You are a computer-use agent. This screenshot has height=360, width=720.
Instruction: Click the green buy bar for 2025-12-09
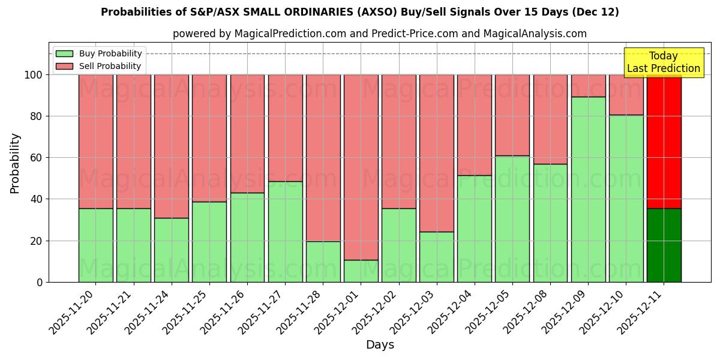tap(588, 189)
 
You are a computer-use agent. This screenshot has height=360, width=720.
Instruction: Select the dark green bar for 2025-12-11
tap(664, 245)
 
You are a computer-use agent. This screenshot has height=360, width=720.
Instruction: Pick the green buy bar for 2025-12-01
tap(361, 271)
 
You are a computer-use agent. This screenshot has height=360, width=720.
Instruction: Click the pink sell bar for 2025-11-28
tap(323, 158)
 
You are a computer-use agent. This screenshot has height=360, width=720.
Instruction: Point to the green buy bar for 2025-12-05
tap(512, 218)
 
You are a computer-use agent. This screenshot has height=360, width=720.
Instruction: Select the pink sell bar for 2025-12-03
tap(436, 153)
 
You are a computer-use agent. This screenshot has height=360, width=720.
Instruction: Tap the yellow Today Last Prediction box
tap(663, 62)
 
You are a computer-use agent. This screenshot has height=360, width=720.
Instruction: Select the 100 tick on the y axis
tap(33, 75)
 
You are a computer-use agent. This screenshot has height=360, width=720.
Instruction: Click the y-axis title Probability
tap(15, 163)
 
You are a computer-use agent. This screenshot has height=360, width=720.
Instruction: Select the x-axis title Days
tap(380, 345)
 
